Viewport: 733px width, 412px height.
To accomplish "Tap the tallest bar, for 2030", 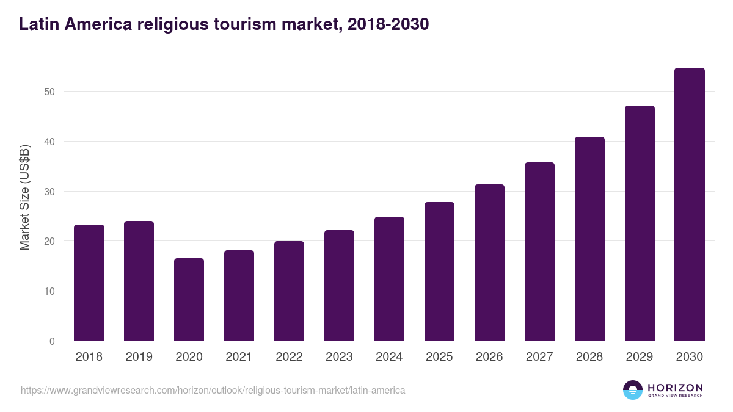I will tap(690, 204).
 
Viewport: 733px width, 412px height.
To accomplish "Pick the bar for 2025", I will tap(439, 271).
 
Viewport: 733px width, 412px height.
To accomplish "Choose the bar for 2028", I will tap(589, 239).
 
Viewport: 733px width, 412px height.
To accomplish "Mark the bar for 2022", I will tap(289, 291).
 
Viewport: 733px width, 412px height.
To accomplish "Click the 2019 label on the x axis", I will tap(139, 357).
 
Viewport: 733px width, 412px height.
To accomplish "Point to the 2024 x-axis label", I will tap(389, 357).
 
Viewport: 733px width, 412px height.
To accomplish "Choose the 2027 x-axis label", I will tap(539, 357).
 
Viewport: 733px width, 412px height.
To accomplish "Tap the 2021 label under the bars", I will tap(239, 357).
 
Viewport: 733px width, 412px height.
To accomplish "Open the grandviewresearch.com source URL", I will tap(213, 390).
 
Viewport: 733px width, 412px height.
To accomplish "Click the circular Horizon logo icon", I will tap(632, 390).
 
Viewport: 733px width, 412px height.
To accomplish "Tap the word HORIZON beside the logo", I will tap(675, 387).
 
